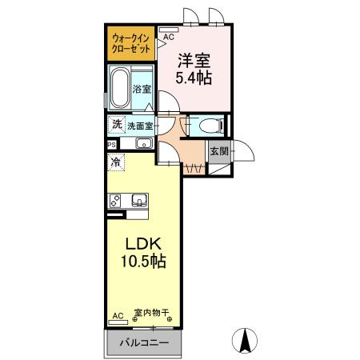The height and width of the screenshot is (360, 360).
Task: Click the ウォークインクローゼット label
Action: pos(130,42)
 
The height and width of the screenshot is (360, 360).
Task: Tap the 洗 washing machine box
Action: pos(117,125)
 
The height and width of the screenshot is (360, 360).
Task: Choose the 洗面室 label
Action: pos(140,126)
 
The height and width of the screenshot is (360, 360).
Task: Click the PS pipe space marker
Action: pos(111,144)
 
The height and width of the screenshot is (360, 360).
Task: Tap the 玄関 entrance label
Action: pos(218,150)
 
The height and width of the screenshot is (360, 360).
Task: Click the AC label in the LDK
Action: pos(118,316)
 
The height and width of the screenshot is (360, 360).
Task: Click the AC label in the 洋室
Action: pos(169,37)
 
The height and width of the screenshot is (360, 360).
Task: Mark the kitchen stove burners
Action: pos(115,200)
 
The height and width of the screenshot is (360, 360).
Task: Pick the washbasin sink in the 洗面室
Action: pos(144,143)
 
